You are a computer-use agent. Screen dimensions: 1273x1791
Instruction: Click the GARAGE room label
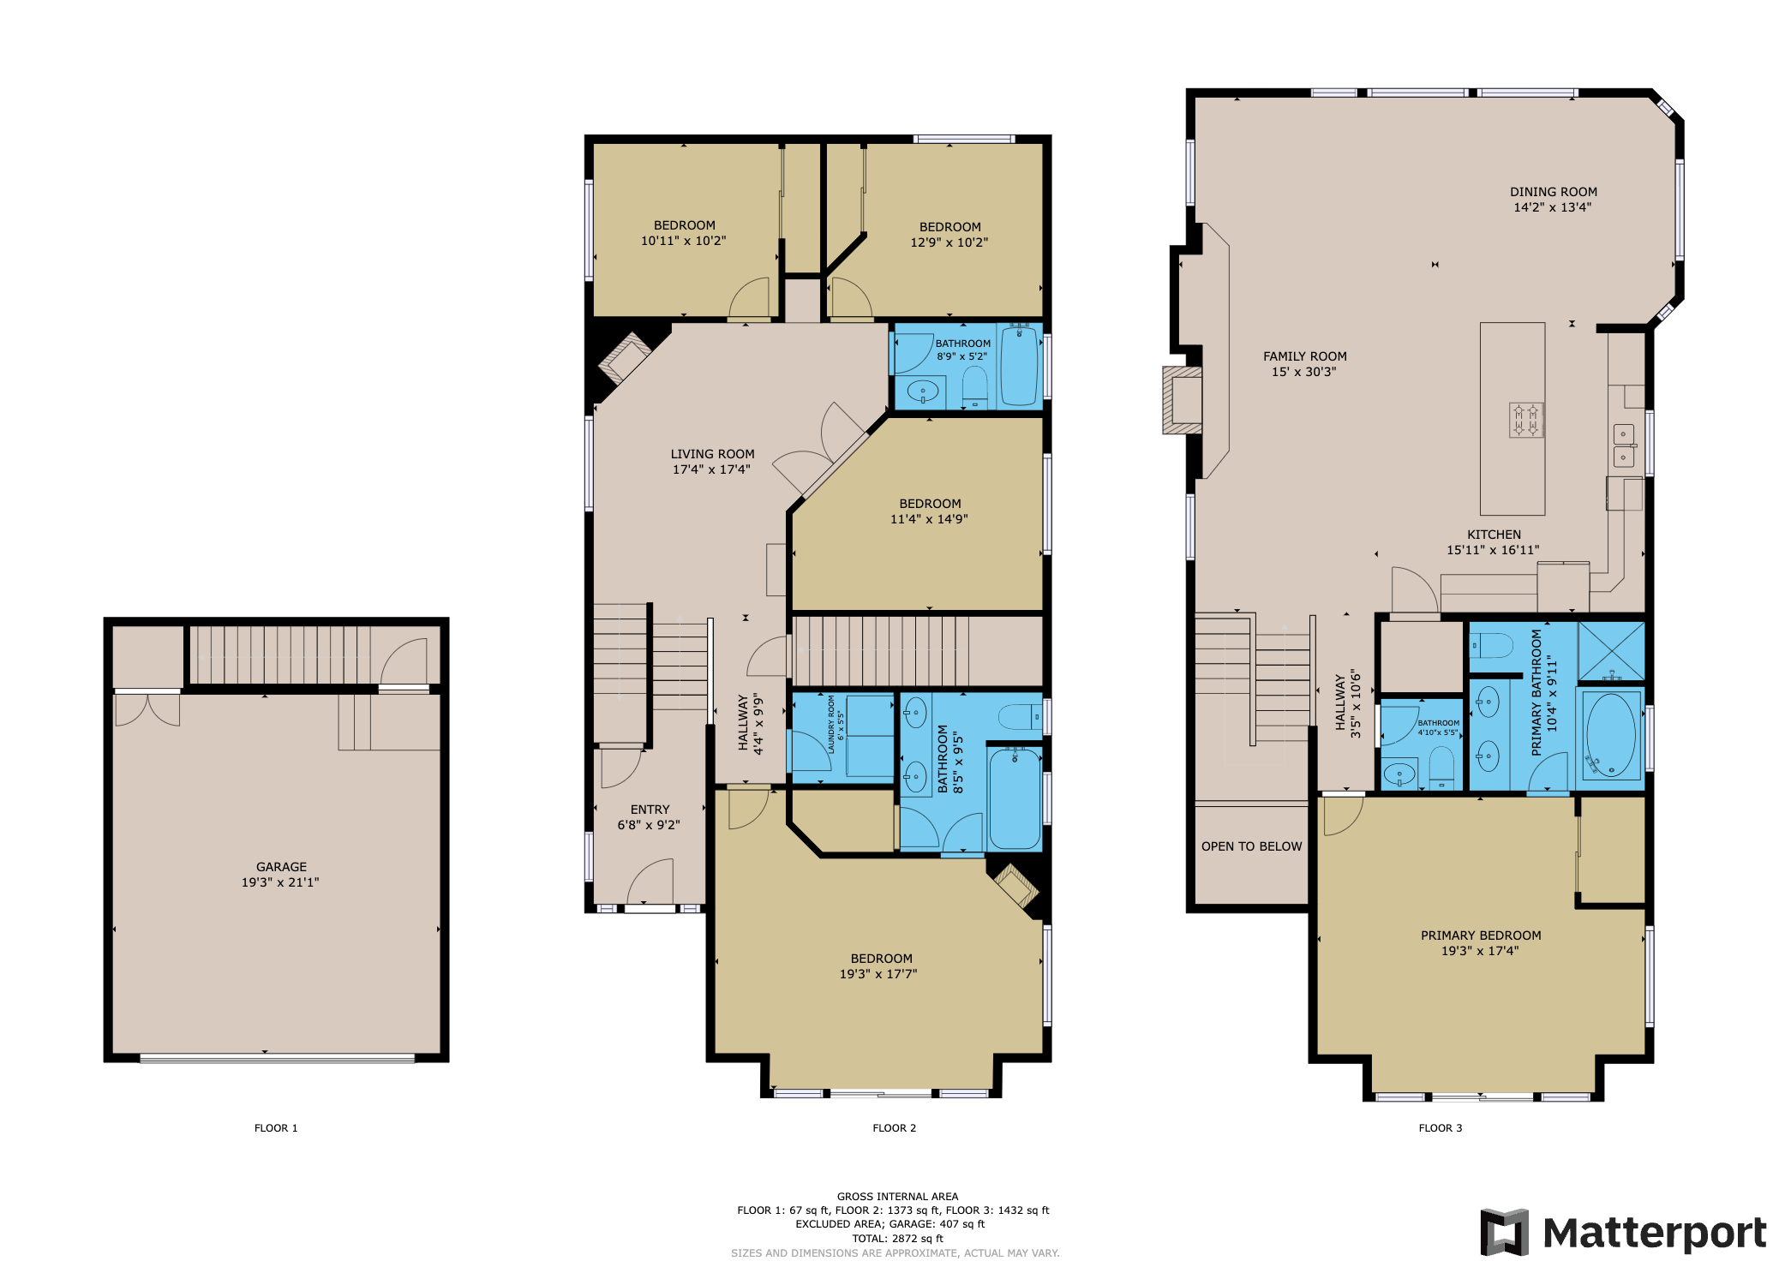coord(281,867)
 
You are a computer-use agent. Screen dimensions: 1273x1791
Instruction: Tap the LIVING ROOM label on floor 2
coord(712,454)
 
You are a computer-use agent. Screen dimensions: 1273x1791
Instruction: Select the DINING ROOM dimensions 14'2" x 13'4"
coord(1552,207)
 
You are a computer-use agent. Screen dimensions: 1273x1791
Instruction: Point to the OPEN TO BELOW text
coord(1251,846)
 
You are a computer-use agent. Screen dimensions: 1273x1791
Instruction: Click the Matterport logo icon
coord(1504,1232)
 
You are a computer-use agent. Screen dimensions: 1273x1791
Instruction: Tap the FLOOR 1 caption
coord(276,1128)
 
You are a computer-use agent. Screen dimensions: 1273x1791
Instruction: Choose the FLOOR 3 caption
coord(1440,1128)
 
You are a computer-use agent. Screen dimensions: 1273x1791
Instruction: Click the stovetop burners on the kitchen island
coord(1525,421)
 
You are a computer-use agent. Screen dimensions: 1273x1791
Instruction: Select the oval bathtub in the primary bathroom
coord(1611,735)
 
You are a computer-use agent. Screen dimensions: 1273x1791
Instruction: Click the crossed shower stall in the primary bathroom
coord(1611,651)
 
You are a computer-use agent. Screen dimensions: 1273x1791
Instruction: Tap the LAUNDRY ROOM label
coord(831,724)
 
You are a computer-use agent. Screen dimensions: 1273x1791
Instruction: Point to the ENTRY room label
coord(650,810)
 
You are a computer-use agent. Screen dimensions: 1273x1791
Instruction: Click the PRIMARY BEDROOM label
coord(1480,935)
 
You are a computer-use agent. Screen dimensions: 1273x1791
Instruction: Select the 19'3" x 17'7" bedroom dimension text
coord(878,974)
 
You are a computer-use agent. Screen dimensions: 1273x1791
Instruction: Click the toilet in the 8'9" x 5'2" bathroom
coord(975,390)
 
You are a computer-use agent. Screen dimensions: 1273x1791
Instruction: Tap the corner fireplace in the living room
coord(624,358)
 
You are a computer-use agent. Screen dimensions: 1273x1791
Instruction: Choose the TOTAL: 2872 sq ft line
coord(897,1239)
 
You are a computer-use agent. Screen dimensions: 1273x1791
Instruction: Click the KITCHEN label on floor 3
coord(1494,535)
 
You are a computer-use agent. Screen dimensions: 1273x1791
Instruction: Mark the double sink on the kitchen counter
coord(1624,445)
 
